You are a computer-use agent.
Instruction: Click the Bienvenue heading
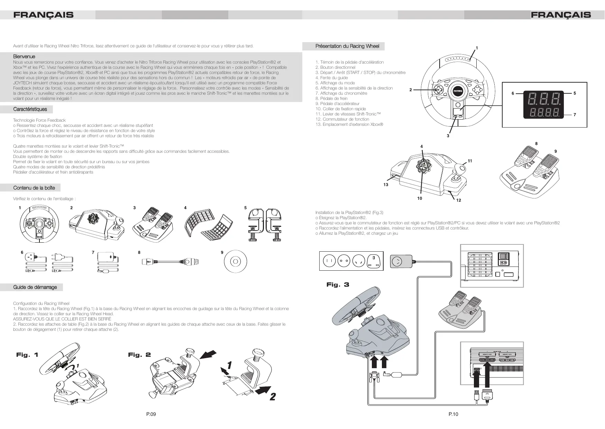point(24,56)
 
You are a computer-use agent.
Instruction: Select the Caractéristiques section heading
point(30,109)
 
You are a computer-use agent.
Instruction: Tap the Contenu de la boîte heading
point(34,188)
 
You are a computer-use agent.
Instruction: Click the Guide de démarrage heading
point(35,287)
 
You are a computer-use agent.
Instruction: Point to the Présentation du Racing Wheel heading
point(347,46)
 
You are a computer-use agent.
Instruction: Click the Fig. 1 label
point(27,355)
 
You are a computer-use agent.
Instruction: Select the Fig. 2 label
point(139,355)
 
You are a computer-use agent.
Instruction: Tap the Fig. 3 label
point(338,285)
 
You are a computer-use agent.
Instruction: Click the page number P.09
point(151,414)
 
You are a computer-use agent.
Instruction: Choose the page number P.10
point(453,414)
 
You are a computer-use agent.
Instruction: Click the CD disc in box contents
point(235,261)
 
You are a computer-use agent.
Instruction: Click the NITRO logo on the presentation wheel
point(458,91)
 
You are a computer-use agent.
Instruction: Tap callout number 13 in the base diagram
point(386,185)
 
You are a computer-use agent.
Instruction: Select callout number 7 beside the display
point(575,115)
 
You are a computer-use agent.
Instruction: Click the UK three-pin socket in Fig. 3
point(376,261)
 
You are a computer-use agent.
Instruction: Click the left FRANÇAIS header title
point(43,15)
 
